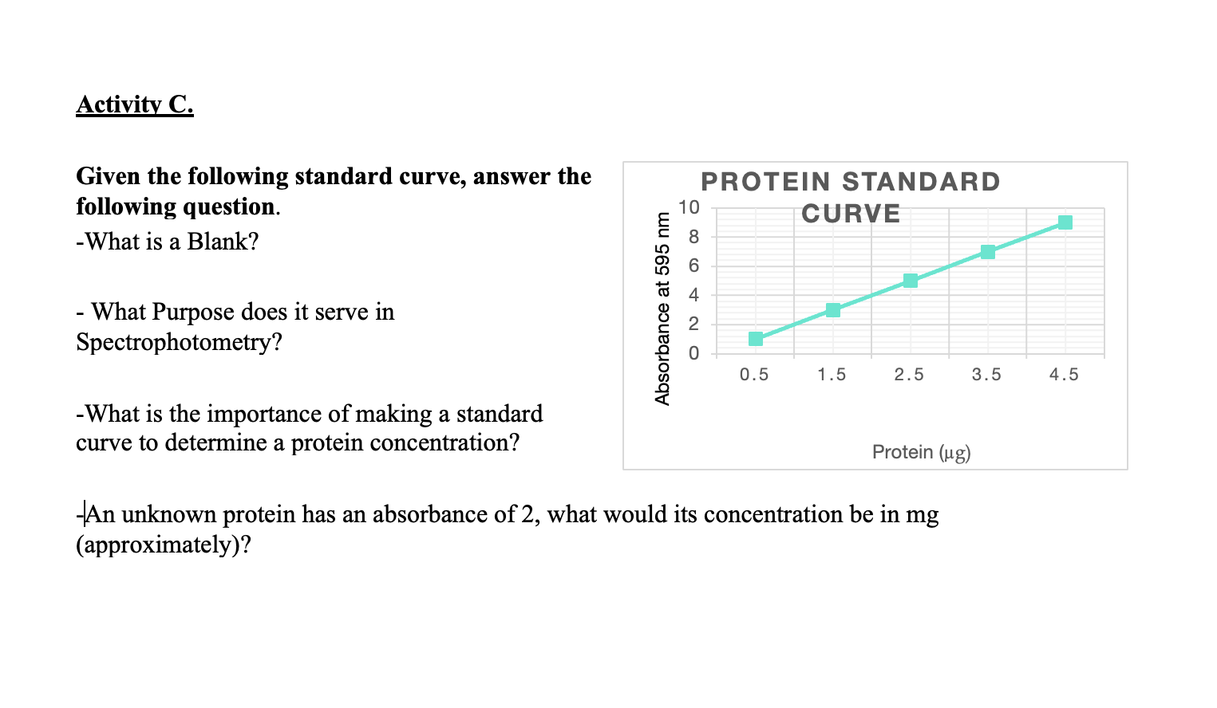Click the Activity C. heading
(x=135, y=104)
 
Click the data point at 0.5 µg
(x=756, y=339)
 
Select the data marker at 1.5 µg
(x=833, y=310)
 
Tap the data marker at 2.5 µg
(x=911, y=281)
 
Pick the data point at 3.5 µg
(x=988, y=252)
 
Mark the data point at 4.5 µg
(x=1065, y=222)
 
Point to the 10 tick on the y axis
(x=689, y=208)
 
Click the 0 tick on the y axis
(x=693, y=353)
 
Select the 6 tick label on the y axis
(x=693, y=266)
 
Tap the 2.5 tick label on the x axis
(x=909, y=375)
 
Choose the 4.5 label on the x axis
(x=1064, y=375)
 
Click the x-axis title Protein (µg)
(x=921, y=452)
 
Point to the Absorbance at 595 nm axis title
(x=662, y=308)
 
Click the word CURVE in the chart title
(x=851, y=214)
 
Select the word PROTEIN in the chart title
(x=765, y=182)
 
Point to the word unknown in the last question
(x=168, y=514)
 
